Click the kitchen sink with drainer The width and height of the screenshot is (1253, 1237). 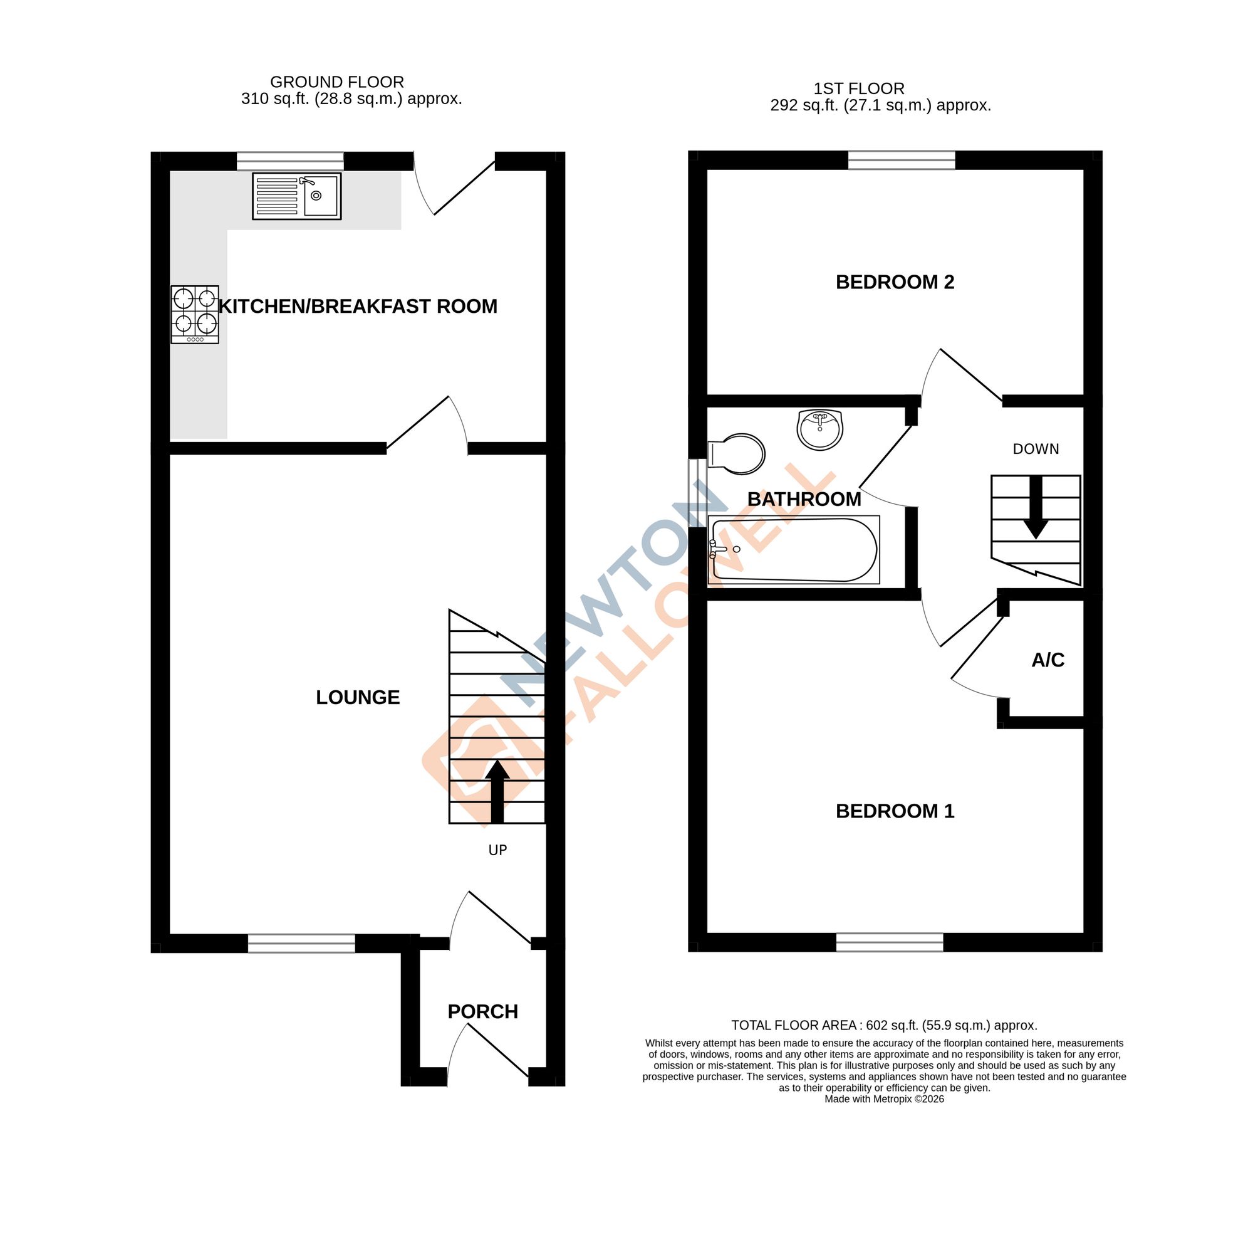pos(296,196)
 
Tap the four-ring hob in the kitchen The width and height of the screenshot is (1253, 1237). pos(195,314)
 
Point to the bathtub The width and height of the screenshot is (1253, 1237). pos(794,549)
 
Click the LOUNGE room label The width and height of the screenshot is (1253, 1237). pos(357,697)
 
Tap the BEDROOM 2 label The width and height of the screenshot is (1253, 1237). pos(895,282)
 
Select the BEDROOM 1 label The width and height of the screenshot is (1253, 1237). pos(895,811)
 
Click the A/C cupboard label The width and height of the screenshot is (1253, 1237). pos(1048,660)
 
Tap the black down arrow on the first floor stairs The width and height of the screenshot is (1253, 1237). pos(1036,507)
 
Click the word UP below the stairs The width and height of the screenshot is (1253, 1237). pos(497,850)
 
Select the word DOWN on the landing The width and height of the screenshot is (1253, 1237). pos(1036,449)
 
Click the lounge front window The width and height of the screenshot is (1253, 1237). pos(301,943)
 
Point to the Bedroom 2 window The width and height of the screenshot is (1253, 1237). pos(902,160)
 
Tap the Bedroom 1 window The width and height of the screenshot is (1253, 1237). pos(889,942)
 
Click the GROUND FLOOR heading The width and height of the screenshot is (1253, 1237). pos(336,82)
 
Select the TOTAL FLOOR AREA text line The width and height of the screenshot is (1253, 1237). pos(884,1025)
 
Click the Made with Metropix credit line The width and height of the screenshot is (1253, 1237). pos(884,1099)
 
